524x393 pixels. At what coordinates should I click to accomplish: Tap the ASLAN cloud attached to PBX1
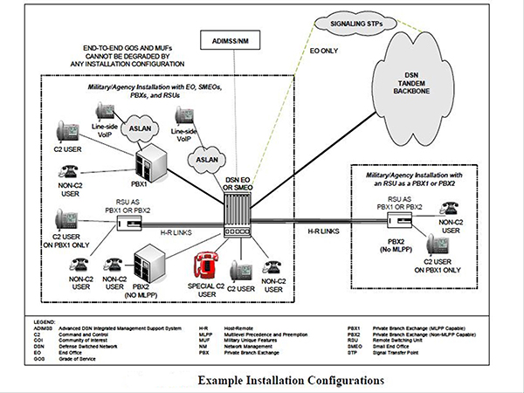[141, 127]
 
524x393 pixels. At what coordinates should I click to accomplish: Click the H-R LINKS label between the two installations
[325, 231]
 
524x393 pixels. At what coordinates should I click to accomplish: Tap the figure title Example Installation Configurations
[289, 381]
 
